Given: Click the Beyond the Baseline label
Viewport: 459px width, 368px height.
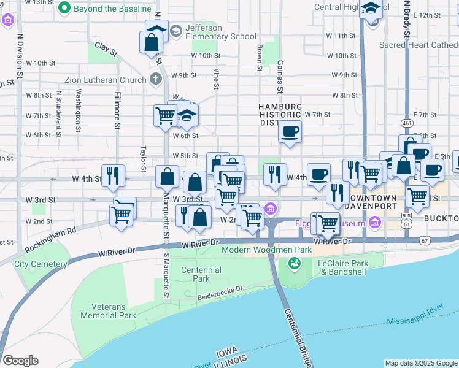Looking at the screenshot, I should click(112, 9).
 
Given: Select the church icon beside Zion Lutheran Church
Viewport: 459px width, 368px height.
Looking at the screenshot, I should click(156, 80).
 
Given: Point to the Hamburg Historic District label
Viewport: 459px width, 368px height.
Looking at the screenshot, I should click(280, 115).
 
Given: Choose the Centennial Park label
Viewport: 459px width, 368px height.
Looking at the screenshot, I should click(201, 274).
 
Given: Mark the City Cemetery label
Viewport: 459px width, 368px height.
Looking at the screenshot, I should click(40, 264).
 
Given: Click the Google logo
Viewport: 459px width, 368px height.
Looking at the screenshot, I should click(20, 361).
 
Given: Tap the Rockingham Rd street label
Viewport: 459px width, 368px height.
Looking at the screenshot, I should click(51, 239).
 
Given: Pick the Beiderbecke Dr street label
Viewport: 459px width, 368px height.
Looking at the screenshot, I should click(220, 293).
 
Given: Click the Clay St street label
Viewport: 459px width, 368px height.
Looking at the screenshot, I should click(106, 50).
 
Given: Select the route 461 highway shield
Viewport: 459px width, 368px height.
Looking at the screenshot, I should click(406, 124).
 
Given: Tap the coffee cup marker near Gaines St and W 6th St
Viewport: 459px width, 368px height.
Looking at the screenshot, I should click(290, 131).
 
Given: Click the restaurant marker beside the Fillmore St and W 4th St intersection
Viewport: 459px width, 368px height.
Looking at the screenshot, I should click(113, 175).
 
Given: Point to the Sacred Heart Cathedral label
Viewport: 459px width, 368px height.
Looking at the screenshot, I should click(418, 45).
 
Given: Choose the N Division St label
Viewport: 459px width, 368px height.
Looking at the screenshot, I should click(20, 55).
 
